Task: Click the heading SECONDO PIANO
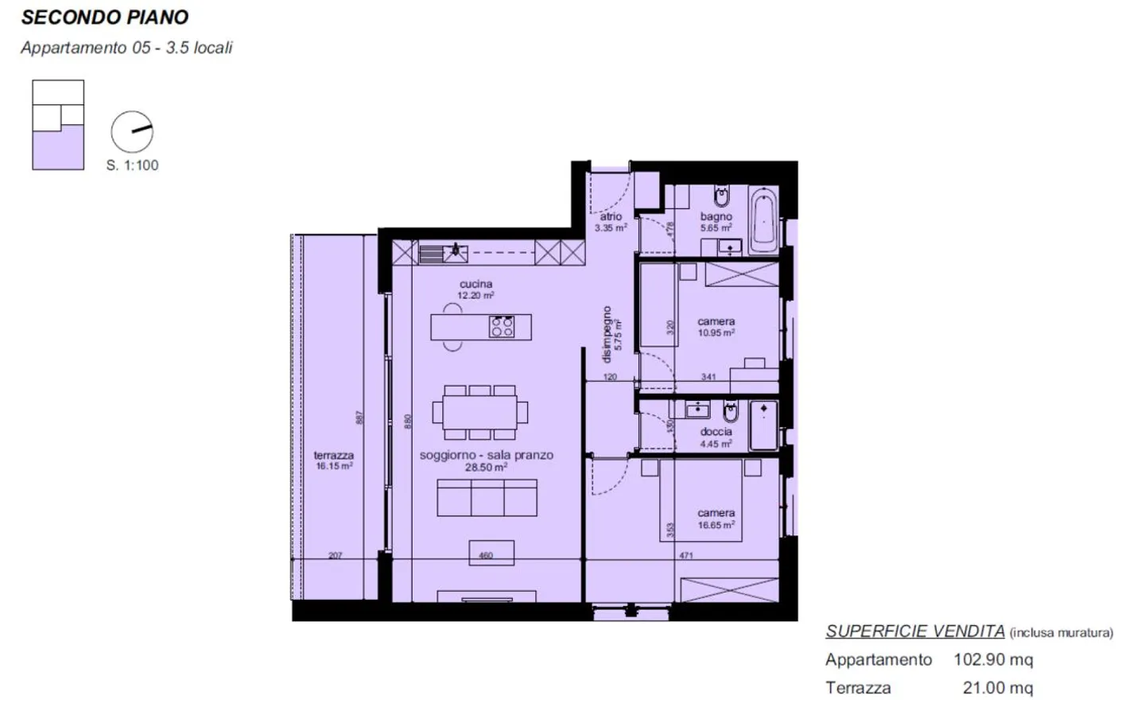104,17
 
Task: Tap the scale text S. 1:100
132,165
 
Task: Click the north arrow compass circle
132,132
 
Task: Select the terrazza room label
333,456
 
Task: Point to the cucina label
475,284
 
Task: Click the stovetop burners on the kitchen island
502,327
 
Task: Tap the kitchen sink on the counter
455,253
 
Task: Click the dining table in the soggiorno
479,412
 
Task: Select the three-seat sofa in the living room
487,498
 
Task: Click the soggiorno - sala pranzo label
486,455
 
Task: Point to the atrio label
611,216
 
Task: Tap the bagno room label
716,216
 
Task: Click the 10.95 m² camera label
716,332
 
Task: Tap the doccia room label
716,432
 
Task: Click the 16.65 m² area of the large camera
716,525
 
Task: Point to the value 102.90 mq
993,659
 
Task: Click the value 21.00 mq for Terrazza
997,688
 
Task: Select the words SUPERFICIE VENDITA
914,632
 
